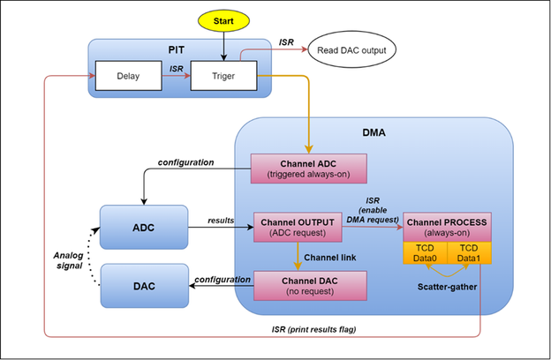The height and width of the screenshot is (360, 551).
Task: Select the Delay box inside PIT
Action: (128, 76)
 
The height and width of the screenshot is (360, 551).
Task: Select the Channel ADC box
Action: (306, 169)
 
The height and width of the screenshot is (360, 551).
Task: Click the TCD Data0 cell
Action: (425, 253)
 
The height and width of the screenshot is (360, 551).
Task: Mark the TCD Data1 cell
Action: (469, 253)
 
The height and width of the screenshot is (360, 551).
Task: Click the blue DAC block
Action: (144, 286)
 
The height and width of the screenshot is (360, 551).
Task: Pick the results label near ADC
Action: (220, 218)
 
